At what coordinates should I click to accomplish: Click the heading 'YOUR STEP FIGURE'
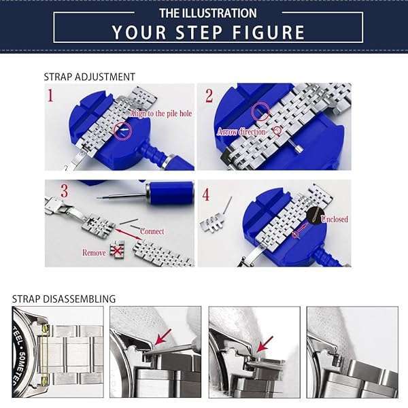(208, 32)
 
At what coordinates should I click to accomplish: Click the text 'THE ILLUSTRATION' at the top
(208, 13)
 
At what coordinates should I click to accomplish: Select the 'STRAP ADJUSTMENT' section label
(89, 77)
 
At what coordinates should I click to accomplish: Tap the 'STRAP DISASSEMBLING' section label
(64, 299)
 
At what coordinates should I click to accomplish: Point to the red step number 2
(209, 95)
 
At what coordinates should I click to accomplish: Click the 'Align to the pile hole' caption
(161, 113)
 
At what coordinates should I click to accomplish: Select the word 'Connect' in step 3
(152, 231)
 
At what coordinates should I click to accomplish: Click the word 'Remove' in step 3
(94, 252)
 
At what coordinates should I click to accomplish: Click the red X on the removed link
(118, 251)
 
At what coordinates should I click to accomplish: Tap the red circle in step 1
(123, 130)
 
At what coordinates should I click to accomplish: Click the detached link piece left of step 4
(216, 221)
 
